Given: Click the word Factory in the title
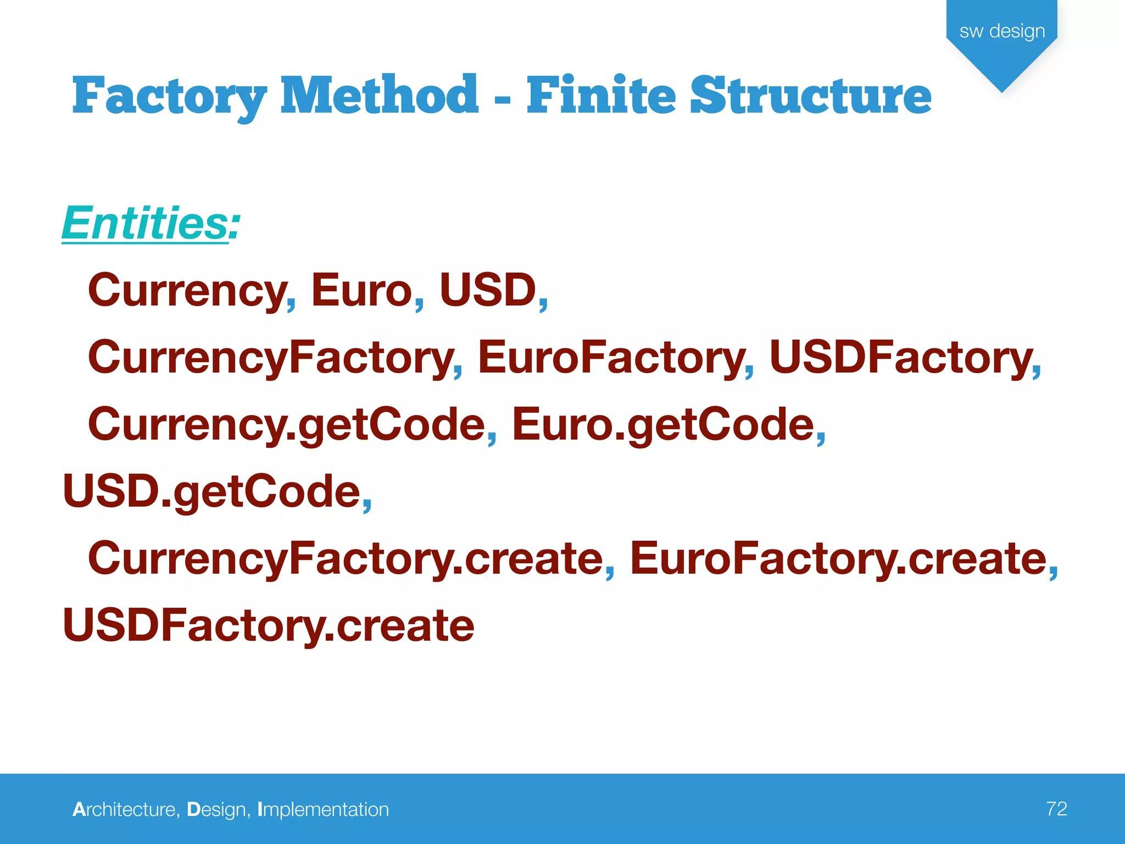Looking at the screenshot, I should [x=169, y=97].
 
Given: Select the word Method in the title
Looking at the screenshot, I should [x=379, y=96].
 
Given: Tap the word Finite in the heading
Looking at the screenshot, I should [x=600, y=96].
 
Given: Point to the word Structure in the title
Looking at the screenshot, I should [x=810, y=96].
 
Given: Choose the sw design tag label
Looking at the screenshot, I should [x=1002, y=31].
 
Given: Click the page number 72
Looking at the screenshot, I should [x=1056, y=809].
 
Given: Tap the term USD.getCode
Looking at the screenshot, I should [x=211, y=492].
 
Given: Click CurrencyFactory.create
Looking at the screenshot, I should [x=346, y=559].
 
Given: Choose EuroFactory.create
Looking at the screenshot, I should [x=838, y=559].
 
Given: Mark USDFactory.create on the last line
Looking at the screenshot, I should [x=269, y=626].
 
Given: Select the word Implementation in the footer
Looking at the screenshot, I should [x=323, y=809].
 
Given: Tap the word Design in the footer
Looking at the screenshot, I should [x=216, y=809].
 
